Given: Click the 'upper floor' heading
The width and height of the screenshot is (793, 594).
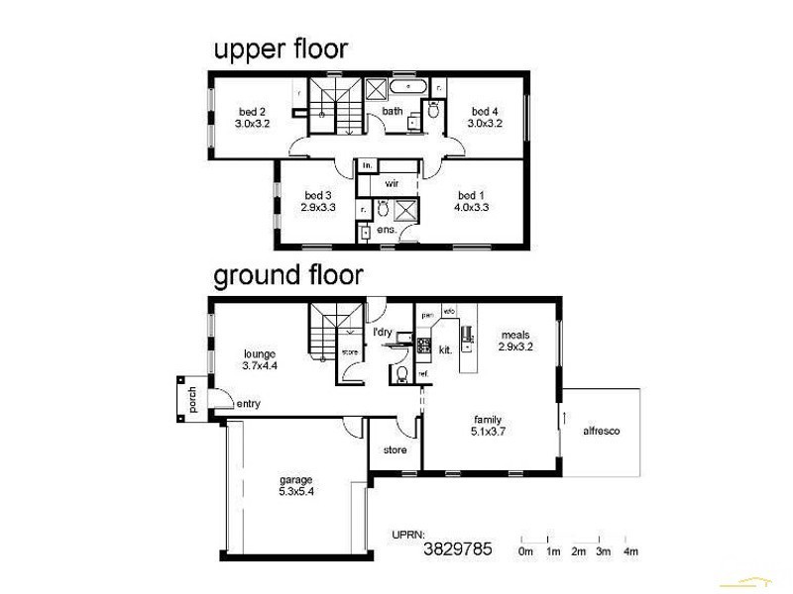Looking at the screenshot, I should click(281, 49).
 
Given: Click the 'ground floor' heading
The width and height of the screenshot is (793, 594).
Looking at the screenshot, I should click(287, 274).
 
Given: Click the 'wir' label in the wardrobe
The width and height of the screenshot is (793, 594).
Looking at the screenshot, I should click(392, 184).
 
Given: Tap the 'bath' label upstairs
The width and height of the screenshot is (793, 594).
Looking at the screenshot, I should click(393, 112).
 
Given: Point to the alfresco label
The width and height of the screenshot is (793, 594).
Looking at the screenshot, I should click(601, 432).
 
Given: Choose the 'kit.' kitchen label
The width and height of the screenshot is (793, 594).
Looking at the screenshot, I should click(445, 349).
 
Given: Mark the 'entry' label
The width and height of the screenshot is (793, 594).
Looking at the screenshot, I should click(249, 403).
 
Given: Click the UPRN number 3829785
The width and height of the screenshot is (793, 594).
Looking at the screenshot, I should click(457, 547).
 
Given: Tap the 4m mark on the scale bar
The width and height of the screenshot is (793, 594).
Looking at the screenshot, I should click(629, 551).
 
